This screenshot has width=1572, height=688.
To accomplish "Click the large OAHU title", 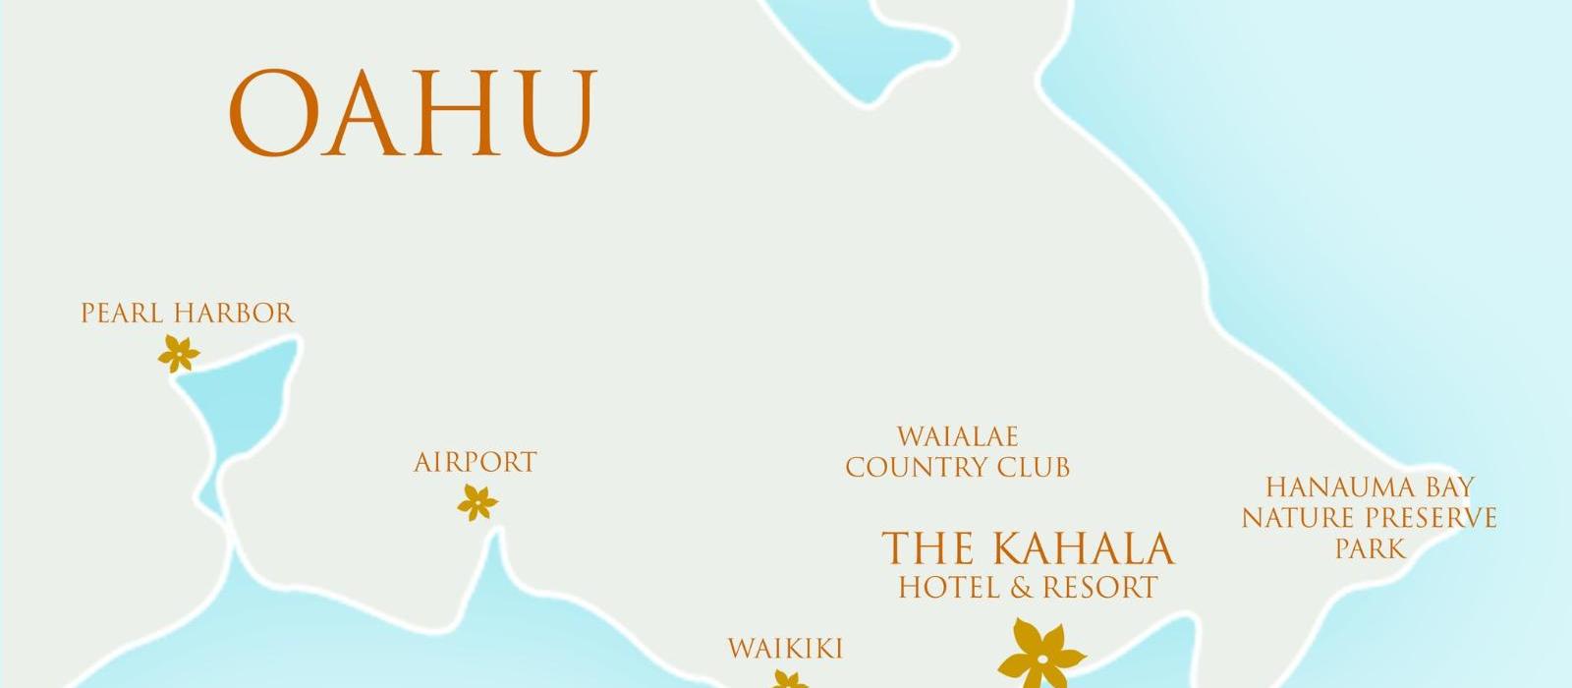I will (413, 113).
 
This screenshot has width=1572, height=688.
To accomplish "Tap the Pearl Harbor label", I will (187, 314).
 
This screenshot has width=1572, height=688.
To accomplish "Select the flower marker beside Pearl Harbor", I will (179, 354).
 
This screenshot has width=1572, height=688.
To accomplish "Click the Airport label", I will (476, 462).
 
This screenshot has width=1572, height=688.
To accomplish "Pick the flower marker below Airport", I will (477, 503).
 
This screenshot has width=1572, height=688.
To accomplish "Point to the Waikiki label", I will (785, 649).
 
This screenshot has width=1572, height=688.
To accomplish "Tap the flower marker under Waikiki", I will (789, 680).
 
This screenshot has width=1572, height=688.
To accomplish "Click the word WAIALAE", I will (958, 436).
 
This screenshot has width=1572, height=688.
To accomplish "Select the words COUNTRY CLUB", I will (958, 467).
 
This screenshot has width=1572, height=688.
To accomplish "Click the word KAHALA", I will (1082, 548).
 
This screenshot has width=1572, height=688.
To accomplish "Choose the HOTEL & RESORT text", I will (1028, 588).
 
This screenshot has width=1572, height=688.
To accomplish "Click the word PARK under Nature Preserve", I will (1371, 548).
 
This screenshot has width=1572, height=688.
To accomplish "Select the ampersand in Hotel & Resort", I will (1022, 588).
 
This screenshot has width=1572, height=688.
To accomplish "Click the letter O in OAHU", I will (275, 113).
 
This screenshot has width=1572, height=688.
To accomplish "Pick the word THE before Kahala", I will (927, 548).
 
